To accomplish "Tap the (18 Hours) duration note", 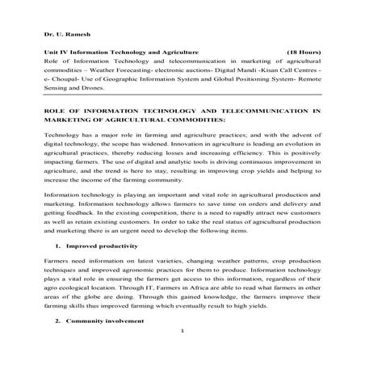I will coord(301,50).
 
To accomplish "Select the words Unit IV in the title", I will coord(56,50).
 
